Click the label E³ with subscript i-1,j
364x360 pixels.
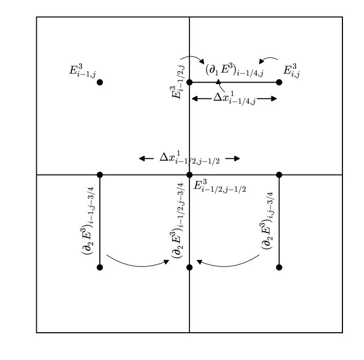[x=82, y=70]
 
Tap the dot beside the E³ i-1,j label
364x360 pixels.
[x=100, y=82]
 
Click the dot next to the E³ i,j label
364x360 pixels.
[x=279, y=82]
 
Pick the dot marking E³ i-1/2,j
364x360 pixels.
[x=189, y=82]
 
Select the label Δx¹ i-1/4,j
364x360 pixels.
[x=234, y=98]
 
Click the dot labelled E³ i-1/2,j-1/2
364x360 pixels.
[x=189, y=174]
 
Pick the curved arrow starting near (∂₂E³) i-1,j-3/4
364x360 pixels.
[x=138, y=263]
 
